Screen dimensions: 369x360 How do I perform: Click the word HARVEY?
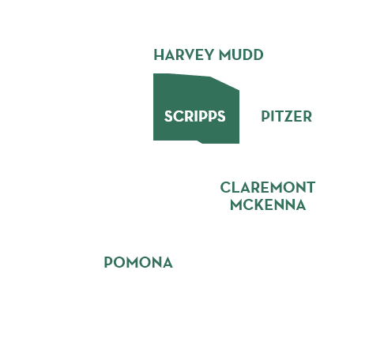point(183,54)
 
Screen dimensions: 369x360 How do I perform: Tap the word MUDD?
point(241,54)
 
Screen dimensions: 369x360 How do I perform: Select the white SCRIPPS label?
point(195,116)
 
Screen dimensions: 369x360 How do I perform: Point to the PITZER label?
point(287,116)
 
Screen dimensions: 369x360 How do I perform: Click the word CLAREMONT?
point(268,187)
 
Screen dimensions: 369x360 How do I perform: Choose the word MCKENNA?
point(268,205)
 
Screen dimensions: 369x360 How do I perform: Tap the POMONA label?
point(138,262)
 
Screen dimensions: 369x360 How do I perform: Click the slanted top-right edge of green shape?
point(224,84)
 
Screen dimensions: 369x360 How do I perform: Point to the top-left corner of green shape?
point(153,73)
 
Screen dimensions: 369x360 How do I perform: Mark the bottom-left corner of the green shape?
point(153,141)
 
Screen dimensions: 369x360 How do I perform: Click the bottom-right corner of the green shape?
point(239,144)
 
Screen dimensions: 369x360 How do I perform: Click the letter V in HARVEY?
point(193,54)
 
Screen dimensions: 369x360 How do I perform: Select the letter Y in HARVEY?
point(209,54)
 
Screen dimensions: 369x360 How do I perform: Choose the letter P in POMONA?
point(108,262)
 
